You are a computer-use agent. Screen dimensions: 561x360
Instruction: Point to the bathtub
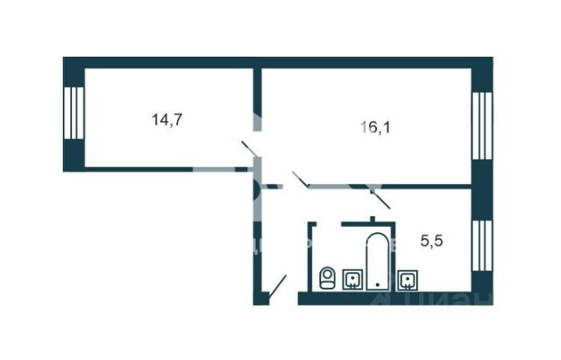pyautogui.click(x=377, y=260)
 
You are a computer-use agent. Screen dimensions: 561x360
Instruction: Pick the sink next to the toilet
pyautogui.click(x=352, y=279)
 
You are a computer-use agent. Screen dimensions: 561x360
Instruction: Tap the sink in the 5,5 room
pyautogui.click(x=408, y=280)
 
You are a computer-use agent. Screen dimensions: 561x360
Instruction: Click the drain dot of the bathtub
pyautogui.click(x=377, y=285)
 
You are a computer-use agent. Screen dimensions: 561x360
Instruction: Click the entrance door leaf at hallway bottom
pyautogui.click(x=278, y=287)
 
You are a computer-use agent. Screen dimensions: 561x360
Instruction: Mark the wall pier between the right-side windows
pyautogui.click(x=481, y=188)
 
